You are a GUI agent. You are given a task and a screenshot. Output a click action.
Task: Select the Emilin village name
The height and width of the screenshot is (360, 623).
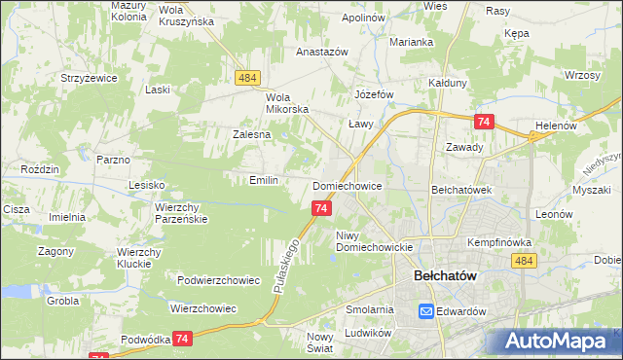(264, 180)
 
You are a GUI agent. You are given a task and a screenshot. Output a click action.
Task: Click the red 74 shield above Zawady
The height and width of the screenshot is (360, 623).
(484, 122)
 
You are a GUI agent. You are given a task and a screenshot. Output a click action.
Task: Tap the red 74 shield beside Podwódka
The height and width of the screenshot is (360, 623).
(182, 337)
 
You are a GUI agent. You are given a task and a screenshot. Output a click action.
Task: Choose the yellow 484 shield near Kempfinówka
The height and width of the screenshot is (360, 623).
(525, 261)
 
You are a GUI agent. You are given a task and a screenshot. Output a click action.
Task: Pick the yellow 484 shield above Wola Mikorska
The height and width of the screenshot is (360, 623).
(244, 77)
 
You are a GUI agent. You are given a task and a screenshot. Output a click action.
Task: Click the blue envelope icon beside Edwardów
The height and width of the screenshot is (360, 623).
(426, 311)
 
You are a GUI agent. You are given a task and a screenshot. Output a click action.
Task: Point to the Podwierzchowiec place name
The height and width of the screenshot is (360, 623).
(218, 280)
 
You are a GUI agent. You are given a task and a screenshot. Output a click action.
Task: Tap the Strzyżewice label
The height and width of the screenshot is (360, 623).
(89, 77)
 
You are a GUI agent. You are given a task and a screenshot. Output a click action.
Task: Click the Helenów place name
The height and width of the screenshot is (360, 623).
(557, 126)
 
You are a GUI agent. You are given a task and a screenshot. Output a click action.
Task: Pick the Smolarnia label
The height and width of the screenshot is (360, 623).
(369, 309)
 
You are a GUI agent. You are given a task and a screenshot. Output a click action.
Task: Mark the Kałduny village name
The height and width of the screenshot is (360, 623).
(449, 84)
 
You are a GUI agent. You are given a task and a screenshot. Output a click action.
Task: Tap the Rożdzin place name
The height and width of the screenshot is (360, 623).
(40, 169)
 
